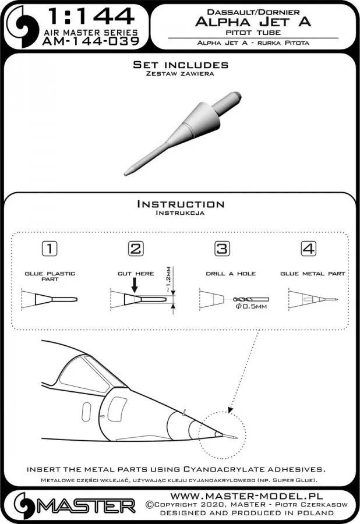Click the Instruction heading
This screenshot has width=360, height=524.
(179, 204)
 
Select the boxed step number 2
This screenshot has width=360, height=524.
(135, 249)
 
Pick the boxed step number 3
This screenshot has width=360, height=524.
(221, 249)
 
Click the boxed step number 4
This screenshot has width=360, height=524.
(308, 249)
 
